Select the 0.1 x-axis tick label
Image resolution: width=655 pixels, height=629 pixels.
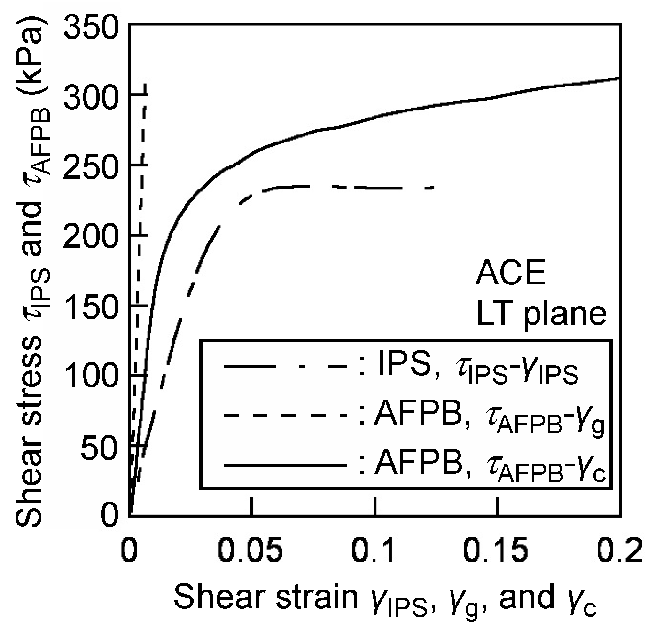tap(375, 549)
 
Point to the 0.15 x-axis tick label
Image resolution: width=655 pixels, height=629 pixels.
tap(498, 549)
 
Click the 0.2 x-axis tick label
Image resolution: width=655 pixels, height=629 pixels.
tap(620, 549)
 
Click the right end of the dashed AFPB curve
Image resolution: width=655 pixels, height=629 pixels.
tap(432, 188)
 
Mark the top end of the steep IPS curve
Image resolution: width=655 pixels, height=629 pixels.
tap(145, 85)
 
